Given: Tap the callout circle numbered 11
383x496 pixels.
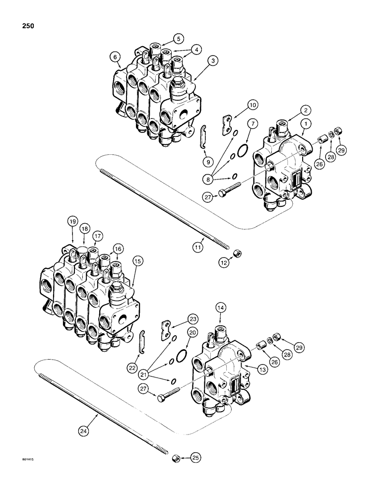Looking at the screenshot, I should [x=197, y=245].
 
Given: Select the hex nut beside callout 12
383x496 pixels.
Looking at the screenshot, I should [x=238, y=254].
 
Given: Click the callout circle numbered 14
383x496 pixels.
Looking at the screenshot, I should [x=222, y=307].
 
